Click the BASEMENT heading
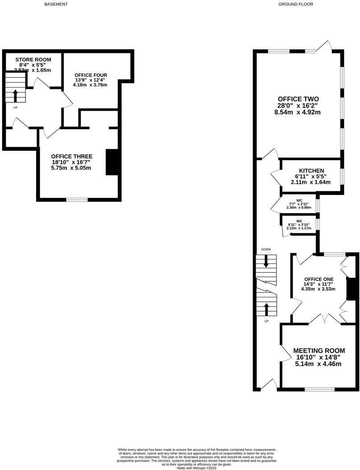pos(57,4)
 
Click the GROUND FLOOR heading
pos(296,4)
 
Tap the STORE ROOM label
pos(33,60)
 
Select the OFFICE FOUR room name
pos(91,74)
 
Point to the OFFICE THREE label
pos(72,157)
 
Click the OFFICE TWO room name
pos(298,99)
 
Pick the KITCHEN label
pos(311,171)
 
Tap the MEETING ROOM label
pos(319,351)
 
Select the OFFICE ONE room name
pos(319,279)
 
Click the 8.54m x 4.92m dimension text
pos(298,113)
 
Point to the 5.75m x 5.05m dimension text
pos(72,168)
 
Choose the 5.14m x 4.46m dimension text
pos(318,364)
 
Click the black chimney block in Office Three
pos(111,162)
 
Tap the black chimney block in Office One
pos(351,289)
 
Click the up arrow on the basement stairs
pos(16,95)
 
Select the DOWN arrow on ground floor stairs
pos(266,262)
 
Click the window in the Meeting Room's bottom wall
pos(319,389)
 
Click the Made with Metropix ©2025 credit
pos(197,468)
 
